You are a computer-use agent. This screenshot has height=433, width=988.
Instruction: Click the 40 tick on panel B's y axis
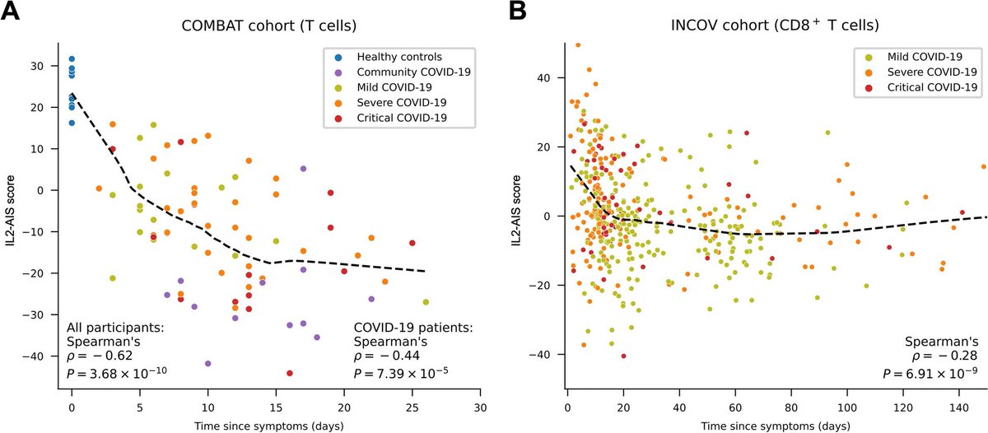tap(554, 78)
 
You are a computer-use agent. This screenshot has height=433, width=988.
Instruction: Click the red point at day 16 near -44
tap(290, 373)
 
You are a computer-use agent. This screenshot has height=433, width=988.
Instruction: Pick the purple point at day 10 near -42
tap(207, 363)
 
